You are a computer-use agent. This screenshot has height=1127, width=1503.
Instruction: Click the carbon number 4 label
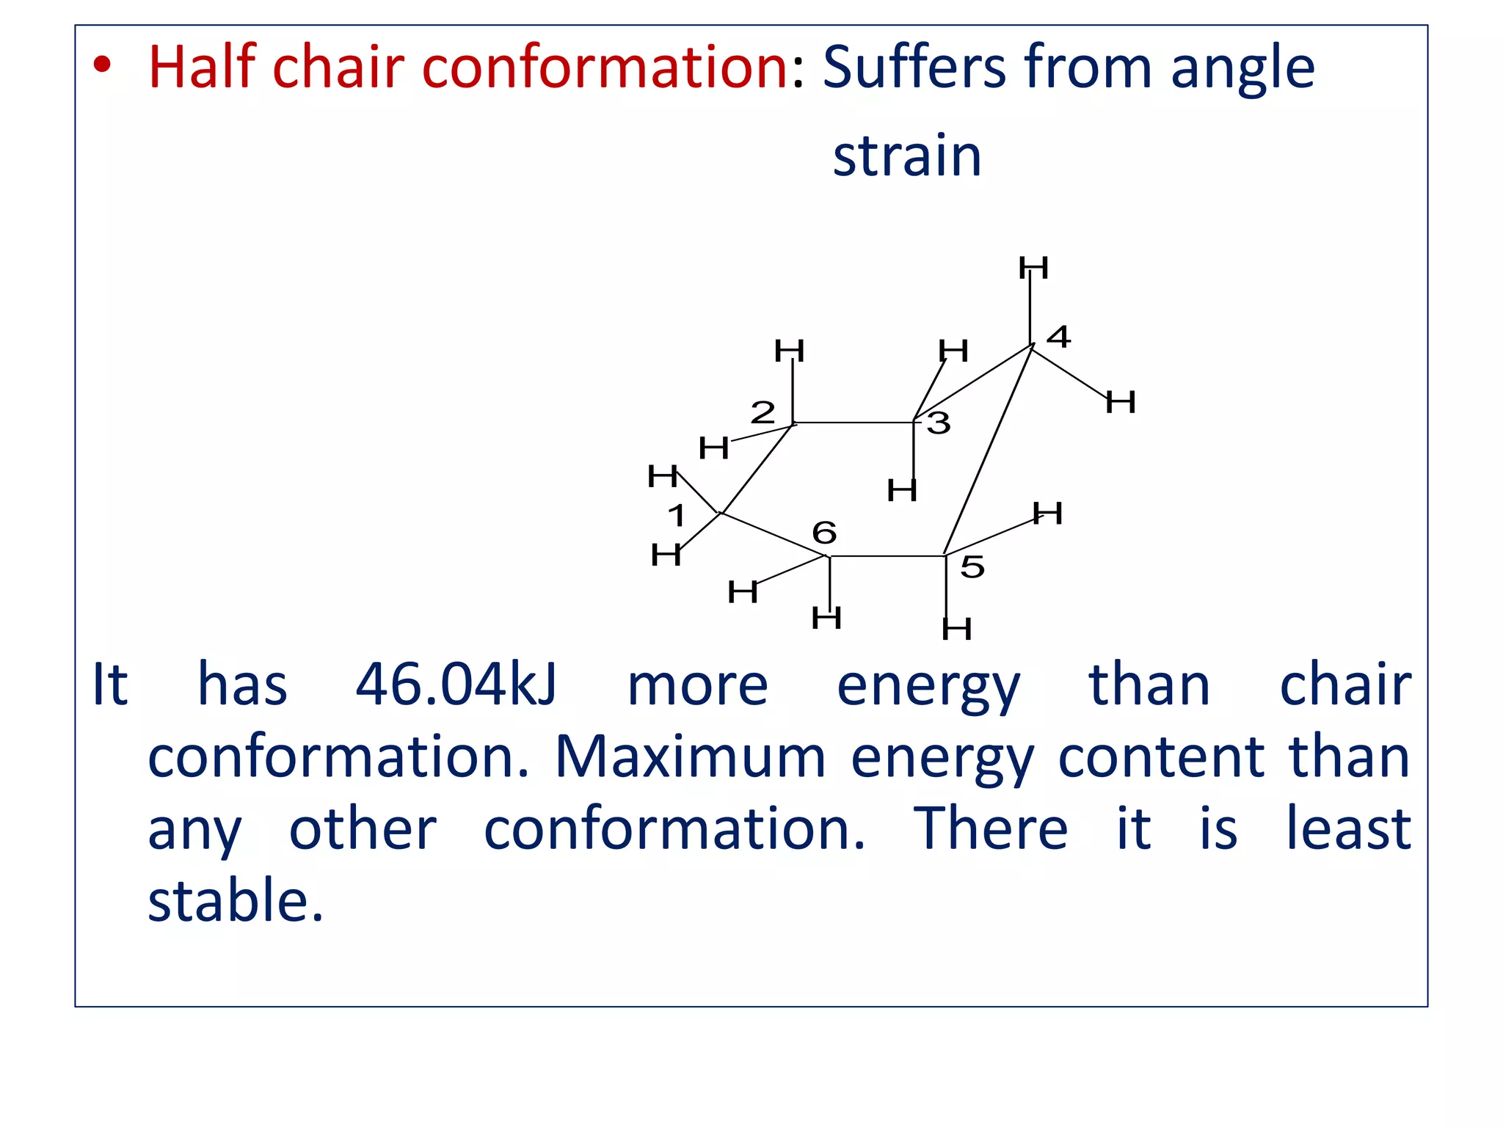pos(1058,337)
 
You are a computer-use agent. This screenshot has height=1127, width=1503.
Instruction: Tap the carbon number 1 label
pos(677,515)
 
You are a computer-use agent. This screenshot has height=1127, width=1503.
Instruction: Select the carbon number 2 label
pos(763,412)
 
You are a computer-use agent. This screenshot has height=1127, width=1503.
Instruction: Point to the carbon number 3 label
pos(939,423)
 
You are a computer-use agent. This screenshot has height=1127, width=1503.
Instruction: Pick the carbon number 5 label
pos(972,566)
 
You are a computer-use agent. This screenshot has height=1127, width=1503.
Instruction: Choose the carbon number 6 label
pos(824,532)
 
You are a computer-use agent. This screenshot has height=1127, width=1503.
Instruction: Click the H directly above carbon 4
pos(1033,268)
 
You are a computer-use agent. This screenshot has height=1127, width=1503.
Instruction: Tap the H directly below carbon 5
pos(956,629)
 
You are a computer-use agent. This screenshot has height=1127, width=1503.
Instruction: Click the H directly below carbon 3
pos(902,490)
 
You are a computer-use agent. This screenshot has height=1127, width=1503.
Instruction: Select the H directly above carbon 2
pos(790,351)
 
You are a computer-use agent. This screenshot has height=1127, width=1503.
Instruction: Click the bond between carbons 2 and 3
pos(854,422)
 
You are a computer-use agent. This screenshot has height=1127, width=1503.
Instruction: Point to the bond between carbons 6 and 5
pos(887,556)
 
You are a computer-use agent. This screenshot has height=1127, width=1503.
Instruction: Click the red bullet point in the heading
pos(102,66)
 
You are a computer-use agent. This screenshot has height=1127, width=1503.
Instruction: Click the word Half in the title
pos(201,67)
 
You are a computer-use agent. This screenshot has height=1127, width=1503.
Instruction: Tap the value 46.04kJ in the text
pos(456,685)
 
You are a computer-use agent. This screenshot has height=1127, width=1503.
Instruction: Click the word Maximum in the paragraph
pos(691,756)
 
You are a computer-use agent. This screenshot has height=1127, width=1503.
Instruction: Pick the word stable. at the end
pos(236,900)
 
